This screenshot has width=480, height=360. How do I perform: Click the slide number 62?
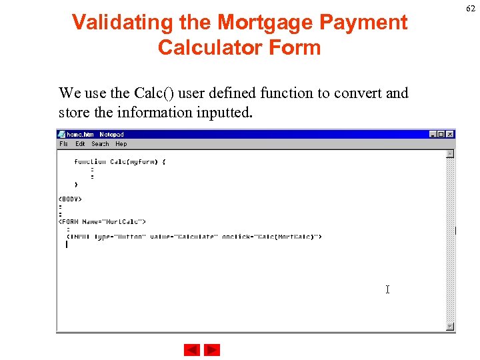click(471, 9)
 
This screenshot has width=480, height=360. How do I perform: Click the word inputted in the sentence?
click(224, 112)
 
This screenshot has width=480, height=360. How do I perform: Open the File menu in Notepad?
click(63, 144)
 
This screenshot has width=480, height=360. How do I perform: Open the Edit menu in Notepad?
click(80, 144)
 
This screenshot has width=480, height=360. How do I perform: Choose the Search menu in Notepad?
click(100, 144)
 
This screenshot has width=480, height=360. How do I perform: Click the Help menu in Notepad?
click(121, 144)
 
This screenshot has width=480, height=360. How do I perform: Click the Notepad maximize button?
click(441, 134)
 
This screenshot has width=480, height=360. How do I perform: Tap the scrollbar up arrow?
click(450, 154)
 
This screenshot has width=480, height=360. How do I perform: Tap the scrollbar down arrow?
click(450, 326)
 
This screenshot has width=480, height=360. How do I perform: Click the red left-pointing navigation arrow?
click(192, 350)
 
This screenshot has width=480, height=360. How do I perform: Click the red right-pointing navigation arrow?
click(212, 350)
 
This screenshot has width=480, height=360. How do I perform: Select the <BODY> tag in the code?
click(70, 199)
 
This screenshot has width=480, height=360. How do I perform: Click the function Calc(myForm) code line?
click(120, 162)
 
